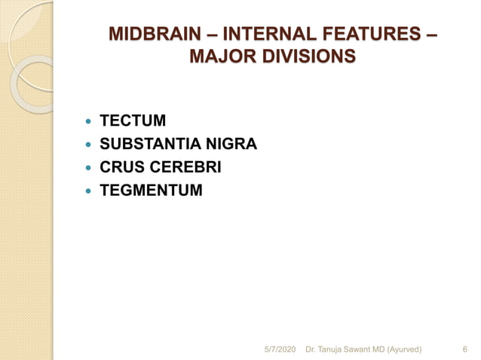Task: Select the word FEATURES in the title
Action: click(x=375, y=35)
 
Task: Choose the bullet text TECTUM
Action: click(x=133, y=121)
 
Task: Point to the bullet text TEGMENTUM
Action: click(x=151, y=191)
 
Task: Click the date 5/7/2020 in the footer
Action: click(x=280, y=349)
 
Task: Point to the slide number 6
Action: click(x=464, y=349)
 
